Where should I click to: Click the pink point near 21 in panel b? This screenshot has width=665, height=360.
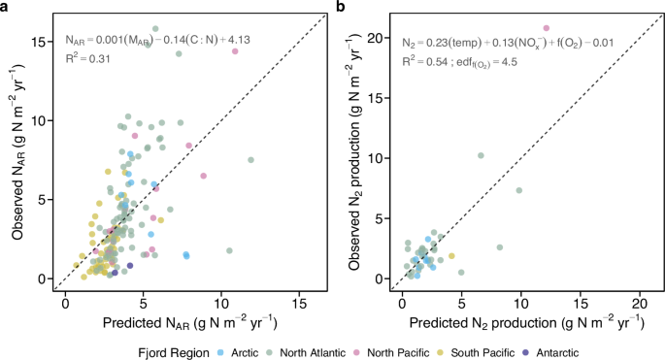pos(546,28)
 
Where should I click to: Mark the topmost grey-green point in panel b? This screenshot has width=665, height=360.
pos(481,155)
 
